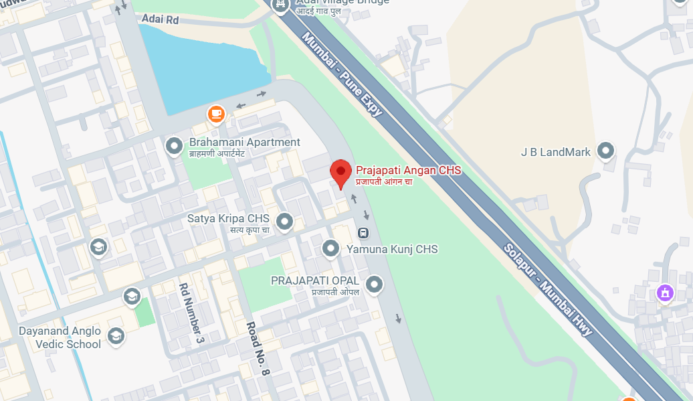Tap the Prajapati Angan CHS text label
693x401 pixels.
pos(408,171)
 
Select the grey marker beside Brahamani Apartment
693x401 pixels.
pos(175,145)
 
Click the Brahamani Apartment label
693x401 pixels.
pos(245,142)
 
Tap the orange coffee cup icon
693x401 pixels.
pos(215,114)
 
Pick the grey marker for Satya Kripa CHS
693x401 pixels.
pos(286,220)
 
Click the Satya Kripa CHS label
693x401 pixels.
pos(228,219)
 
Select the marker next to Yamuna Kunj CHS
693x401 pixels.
pos(330,249)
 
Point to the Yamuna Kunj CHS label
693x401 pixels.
pos(392,249)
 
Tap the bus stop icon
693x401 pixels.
pos(363,233)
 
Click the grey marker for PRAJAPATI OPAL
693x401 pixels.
pos(375,285)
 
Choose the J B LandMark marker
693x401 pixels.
pos(607,151)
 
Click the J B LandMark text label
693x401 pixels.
pos(556,152)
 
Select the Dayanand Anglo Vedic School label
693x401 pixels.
pos(60,337)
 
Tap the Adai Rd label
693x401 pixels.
pos(161,20)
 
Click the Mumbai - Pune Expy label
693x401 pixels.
pos(342,74)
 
